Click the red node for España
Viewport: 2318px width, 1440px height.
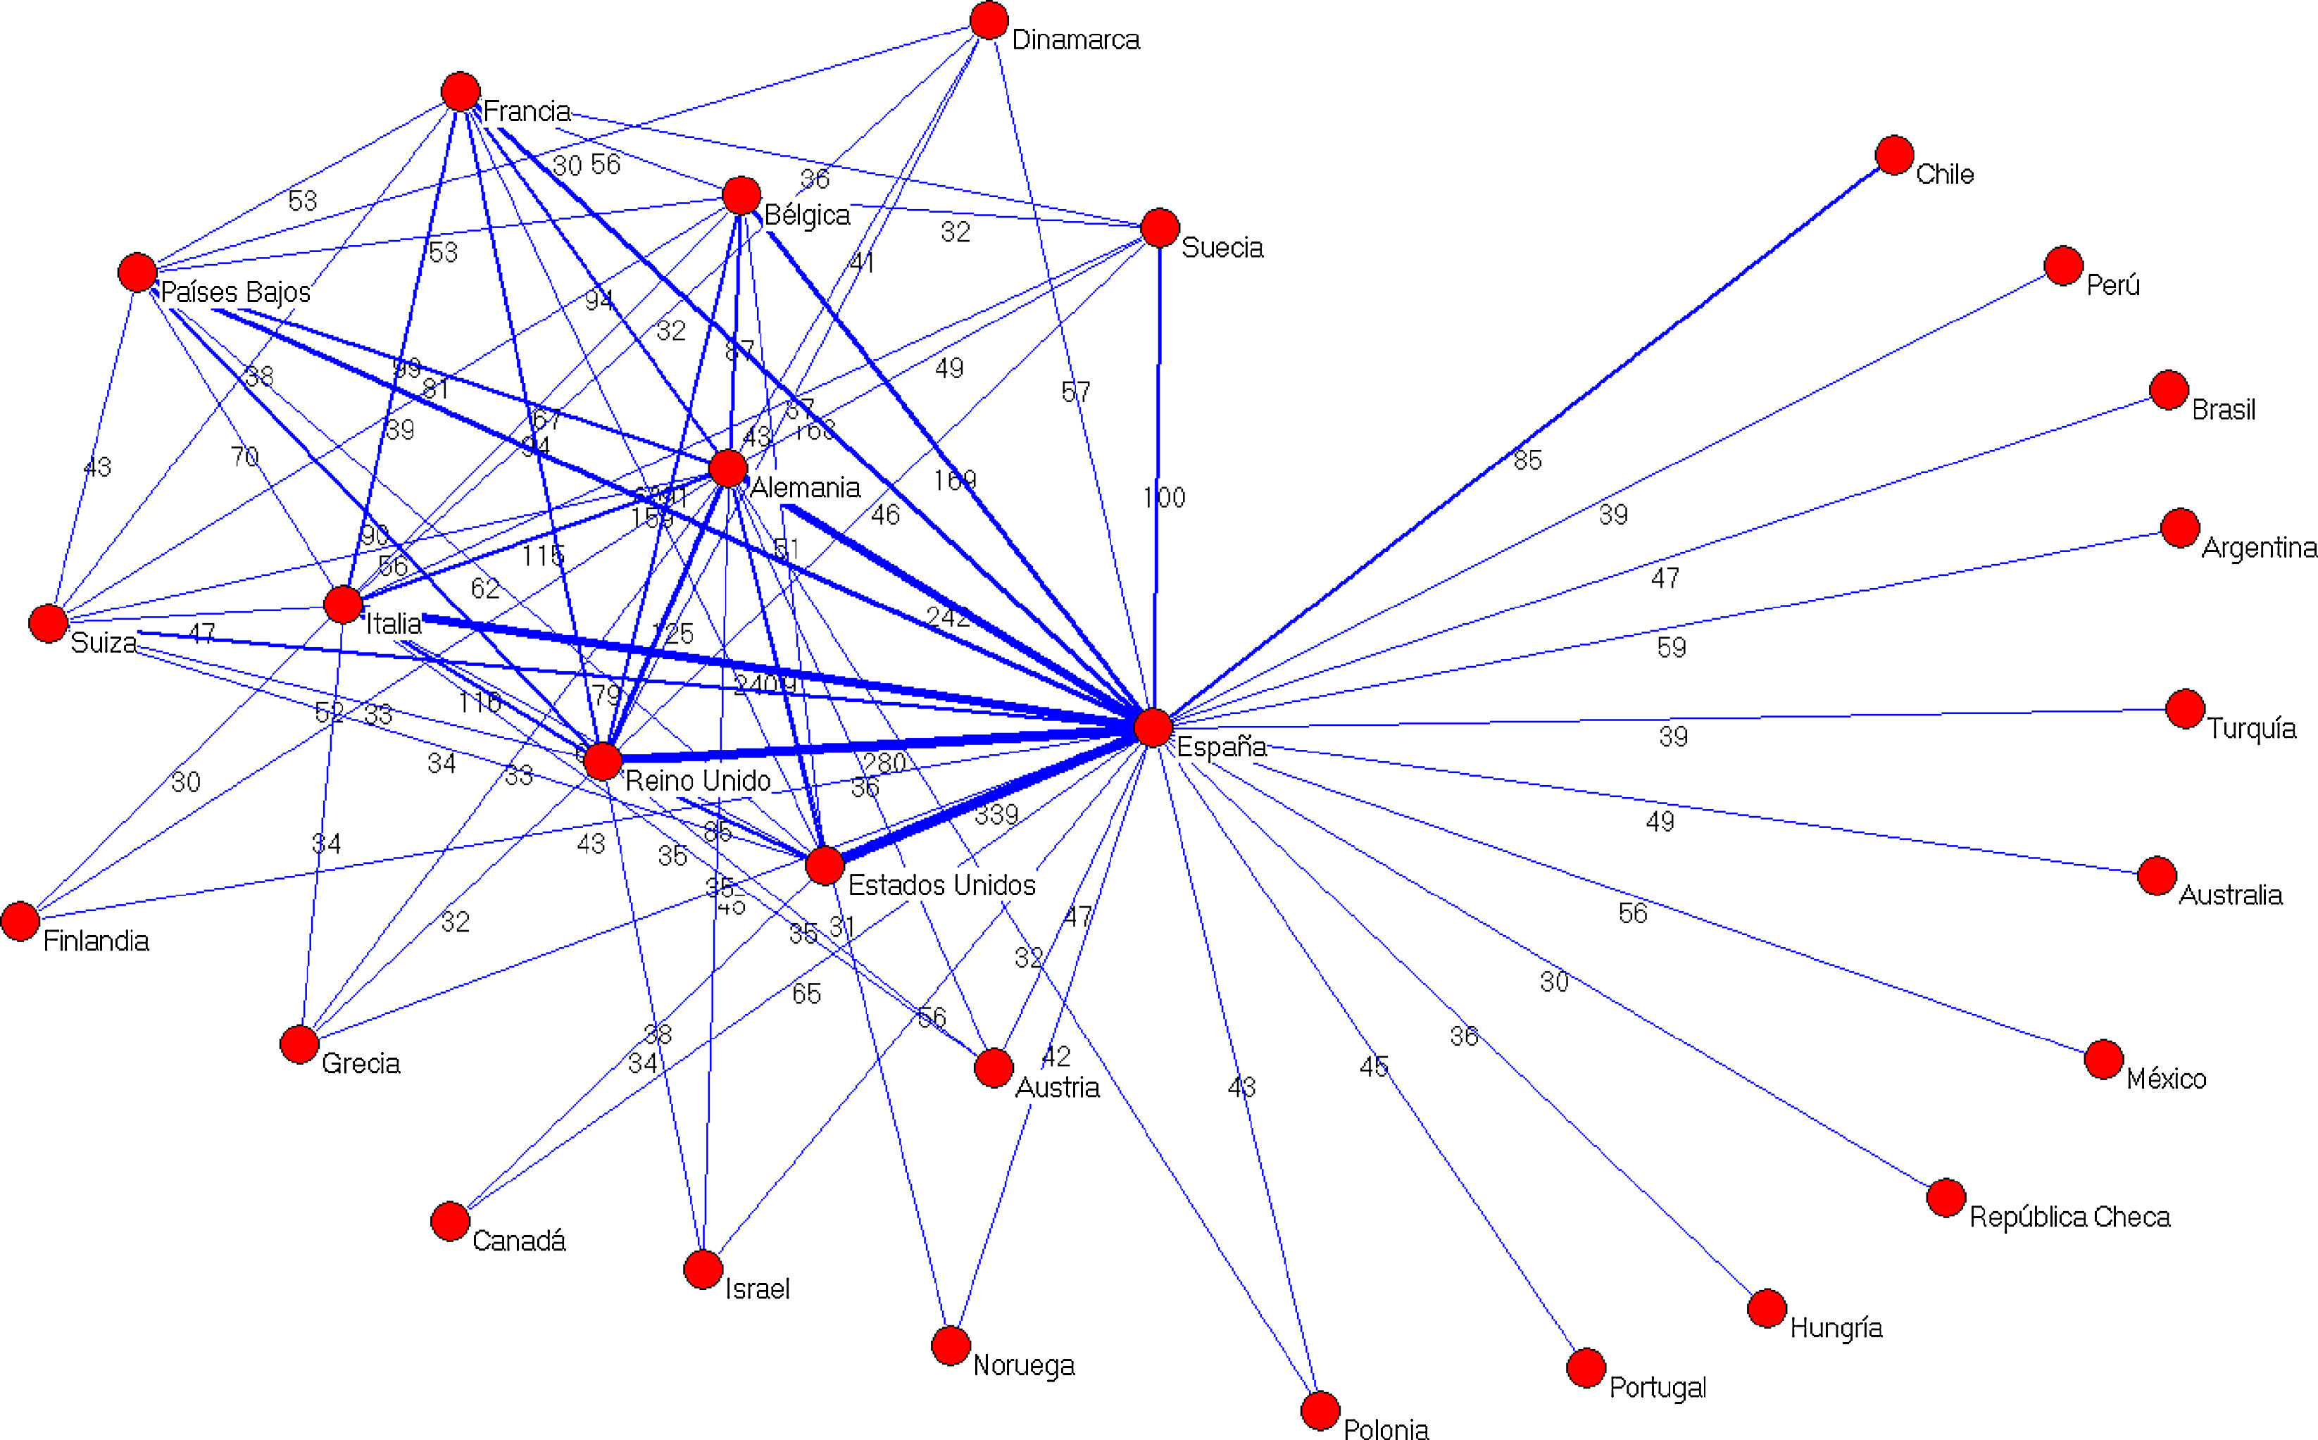click(1153, 727)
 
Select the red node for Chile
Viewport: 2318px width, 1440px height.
click(1894, 155)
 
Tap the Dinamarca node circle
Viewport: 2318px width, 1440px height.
click(989, 20)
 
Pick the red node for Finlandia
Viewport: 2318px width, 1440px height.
click(20, 921)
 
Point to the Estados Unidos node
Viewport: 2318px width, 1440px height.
click(825, 865)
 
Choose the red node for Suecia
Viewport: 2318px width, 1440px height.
click(1160, 227)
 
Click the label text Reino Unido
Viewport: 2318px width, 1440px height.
click(698, 781)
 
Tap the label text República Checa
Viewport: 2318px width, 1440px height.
click(2069, 1217)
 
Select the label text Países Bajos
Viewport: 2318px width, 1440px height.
click(235, 292)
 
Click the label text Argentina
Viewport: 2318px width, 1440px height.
click(2259, 548)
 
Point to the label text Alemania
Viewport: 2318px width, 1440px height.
click(805, 487)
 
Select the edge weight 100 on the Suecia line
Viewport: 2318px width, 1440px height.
click(1164, 497)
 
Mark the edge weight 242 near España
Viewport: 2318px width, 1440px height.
click(948, 617)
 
